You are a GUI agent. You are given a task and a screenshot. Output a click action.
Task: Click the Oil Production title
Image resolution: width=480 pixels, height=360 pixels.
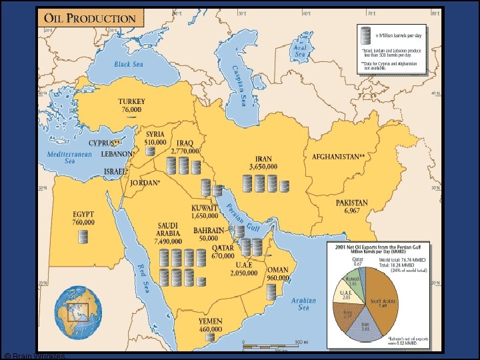[x=91, y=19]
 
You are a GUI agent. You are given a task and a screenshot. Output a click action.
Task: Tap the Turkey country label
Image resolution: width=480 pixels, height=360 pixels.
[x=131, y=105]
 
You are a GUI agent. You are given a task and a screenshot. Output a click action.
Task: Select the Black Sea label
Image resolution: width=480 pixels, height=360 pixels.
[x=129, y=65]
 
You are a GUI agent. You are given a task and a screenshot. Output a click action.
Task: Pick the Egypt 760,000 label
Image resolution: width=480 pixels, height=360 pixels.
[x=83, y=219]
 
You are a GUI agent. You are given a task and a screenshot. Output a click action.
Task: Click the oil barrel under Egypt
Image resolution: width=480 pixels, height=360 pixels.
[x=83, y=236]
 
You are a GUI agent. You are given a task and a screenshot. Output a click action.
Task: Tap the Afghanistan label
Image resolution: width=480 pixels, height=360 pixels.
[x=338, y=157]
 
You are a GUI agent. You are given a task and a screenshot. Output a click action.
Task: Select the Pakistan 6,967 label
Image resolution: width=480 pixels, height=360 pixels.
[x=351, y=207]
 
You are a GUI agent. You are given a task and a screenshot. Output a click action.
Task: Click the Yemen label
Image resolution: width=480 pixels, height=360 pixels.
[x=211, y=325]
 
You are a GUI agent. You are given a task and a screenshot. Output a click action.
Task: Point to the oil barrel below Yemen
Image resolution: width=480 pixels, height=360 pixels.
[x=210, y=337]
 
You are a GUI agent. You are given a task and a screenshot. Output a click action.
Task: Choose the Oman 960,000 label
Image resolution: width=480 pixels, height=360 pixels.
[x=277, y=274]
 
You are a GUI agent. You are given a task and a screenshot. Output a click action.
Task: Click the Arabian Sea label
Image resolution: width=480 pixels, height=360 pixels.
[x=303, y=305]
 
